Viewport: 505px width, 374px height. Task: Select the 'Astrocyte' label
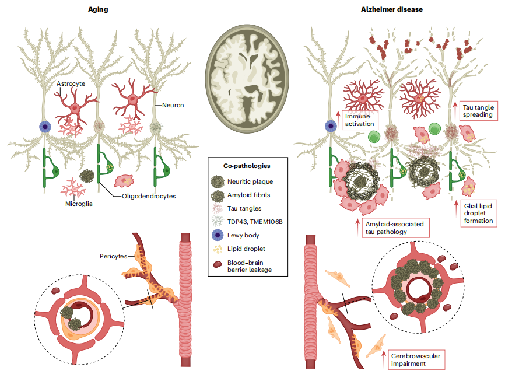tap(71, 84)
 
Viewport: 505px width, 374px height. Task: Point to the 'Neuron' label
tap(173, 106)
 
